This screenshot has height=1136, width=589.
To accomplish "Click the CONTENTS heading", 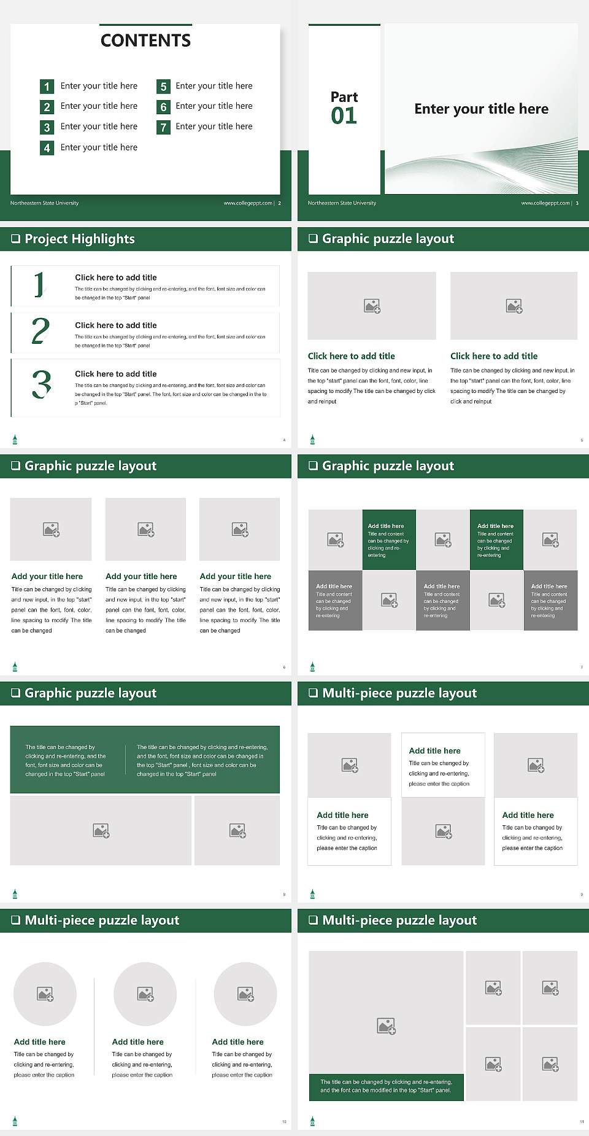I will (x=145, y=41).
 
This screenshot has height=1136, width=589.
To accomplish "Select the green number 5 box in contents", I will (x=163, y=87).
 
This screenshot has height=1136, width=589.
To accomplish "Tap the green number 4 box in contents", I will (x=47, y=148).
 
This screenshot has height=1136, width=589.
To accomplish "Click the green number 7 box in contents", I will (x=163, y=128).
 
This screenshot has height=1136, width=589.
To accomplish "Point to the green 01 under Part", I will (x=344, y=116).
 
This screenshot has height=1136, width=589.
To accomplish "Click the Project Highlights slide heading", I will (x=80, y=239).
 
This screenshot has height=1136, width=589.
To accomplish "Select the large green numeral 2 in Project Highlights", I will (x=40, y=332).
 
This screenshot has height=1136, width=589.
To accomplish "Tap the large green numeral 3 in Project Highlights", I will (x=42, y=385).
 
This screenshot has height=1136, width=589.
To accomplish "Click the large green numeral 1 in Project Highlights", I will (x=40, y=285).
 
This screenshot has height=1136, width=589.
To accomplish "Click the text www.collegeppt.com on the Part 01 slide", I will (x=545, y=203).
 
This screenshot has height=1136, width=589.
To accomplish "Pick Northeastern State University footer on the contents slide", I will (x=44, y=203).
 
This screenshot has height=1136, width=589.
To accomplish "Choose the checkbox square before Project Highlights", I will (x=15, y=239).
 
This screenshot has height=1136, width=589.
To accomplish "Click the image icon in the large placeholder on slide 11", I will (x=386, y=1025).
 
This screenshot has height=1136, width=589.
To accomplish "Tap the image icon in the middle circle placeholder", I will (x=145, y=994).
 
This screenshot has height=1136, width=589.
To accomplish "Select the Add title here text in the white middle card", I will (x=434, y=751).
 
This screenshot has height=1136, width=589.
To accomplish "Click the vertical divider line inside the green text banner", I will (x=126, y=760).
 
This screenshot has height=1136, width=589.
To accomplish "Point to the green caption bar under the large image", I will (x=386, y=1087).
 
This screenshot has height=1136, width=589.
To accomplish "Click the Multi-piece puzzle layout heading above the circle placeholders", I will (x=102, y=920).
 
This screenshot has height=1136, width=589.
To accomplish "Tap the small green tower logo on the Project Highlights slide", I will (x=15, y=440).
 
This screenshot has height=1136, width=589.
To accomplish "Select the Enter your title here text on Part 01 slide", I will (x=481, y=109).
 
